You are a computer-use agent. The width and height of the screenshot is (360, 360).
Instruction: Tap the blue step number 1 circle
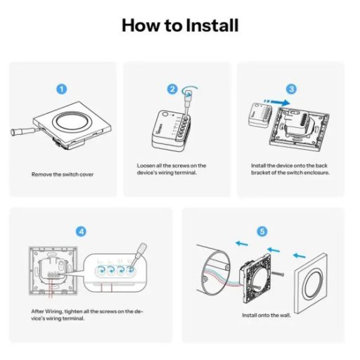click(x=62, y=89)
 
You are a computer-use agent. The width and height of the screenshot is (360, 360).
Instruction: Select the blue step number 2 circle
click(x=172, y=89)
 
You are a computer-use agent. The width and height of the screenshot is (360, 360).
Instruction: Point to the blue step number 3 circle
click(x=292, y=89)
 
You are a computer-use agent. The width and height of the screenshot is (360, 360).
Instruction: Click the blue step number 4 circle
click(x=82, y=231)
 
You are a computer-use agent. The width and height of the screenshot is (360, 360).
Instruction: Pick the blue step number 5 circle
click(x=262, y=231)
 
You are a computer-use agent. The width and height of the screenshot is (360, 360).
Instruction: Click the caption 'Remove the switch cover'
click(x=62, y=174)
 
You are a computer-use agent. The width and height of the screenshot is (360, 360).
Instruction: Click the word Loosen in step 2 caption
click(x=146, y=166)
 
